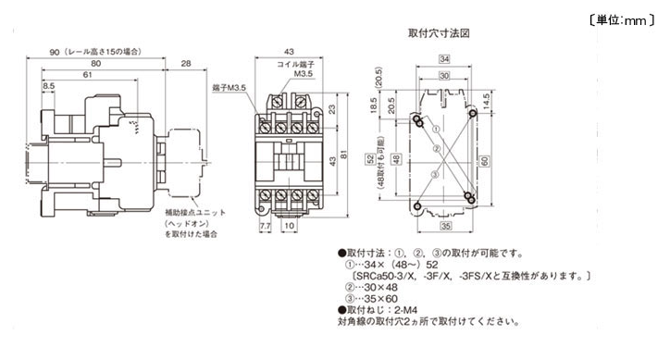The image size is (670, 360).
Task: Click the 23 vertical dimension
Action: coord(331,108)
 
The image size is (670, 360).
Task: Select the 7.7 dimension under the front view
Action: coord(266,225)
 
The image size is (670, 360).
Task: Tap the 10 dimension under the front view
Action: coord(290,225)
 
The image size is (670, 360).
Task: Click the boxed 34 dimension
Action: coord(445,59)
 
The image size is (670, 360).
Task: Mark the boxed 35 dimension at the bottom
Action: coord(445,226)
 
